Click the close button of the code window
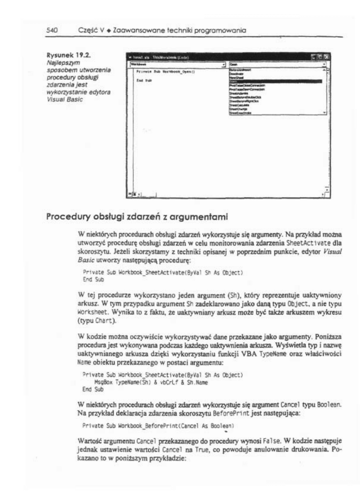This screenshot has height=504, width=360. [x=327, y=57]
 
